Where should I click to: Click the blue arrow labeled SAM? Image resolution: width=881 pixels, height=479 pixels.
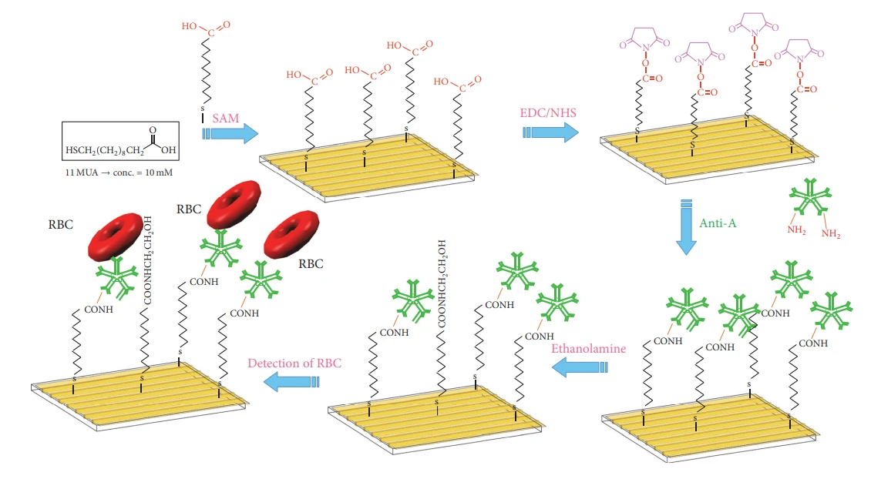coord(231,133)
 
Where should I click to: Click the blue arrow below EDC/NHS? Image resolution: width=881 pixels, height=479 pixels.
coord(550,132)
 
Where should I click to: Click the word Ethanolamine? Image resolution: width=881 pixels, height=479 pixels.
coord(588,349)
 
